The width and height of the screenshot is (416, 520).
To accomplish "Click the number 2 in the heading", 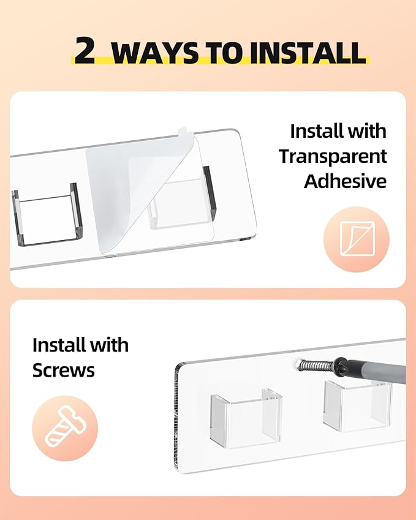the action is coord(85,50).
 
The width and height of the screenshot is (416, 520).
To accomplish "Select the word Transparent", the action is coord(333,156).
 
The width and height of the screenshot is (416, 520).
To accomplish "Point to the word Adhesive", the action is coord(346,181).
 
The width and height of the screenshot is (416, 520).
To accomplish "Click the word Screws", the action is coord(63,370).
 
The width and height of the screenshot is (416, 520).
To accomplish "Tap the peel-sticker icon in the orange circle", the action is coord(357,239).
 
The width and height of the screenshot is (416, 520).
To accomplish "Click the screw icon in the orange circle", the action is coord(65,427).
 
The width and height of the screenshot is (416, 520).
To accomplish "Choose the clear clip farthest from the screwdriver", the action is coord(246,418).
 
